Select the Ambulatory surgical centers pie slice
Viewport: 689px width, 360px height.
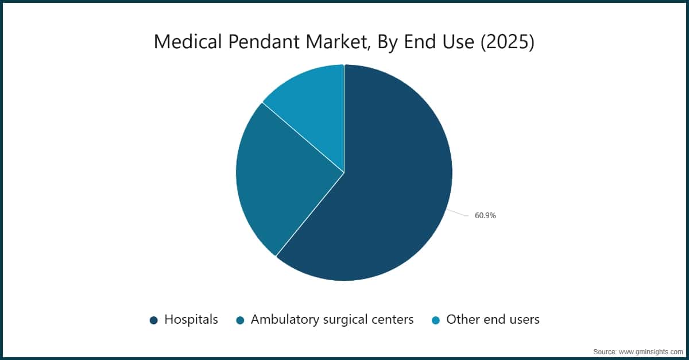click(x=281, y=178)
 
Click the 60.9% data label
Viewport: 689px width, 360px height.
click(x=485, y=216)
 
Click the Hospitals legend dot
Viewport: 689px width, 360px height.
click(x=153, y=320)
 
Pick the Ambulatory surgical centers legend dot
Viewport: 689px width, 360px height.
click(x=240, y=320)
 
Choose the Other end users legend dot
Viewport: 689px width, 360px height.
click(x=436, y=320)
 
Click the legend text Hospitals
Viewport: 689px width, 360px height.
click(x=191, y=320)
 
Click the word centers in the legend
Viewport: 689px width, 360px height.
click(x=393, y=320)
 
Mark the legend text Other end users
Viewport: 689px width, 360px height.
click(x=493, y=320)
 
